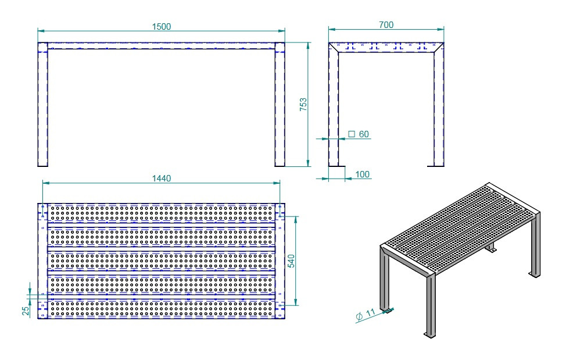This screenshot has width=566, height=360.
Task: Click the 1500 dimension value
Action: (x=162, y=27)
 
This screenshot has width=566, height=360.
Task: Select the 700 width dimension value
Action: (x=386, y=25)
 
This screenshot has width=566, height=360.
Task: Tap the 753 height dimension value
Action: (x=303, y=104)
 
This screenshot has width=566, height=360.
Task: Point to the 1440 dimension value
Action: (x=162, y=179)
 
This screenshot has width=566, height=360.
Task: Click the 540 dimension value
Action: (x=291, y=261)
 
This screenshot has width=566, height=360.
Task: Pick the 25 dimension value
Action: (x=26, y=311)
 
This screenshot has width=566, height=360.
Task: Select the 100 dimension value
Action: (x=362, y=174)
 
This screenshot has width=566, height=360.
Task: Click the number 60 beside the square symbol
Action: (x=364, y=134)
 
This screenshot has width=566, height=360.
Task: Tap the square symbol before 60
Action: (x=351, y=134)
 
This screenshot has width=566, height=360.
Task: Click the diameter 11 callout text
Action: (x=366, y=314)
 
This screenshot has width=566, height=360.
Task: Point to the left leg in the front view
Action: (x=42, y=104)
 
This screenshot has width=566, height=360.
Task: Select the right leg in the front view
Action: (x=280, y=104)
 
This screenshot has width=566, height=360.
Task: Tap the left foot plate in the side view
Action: (x=337, y=166)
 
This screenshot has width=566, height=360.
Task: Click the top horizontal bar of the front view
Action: (x=162, y=46)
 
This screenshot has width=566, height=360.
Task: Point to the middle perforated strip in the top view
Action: (x=162, y=261)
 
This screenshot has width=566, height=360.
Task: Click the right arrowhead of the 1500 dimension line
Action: (x=282, y=31)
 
